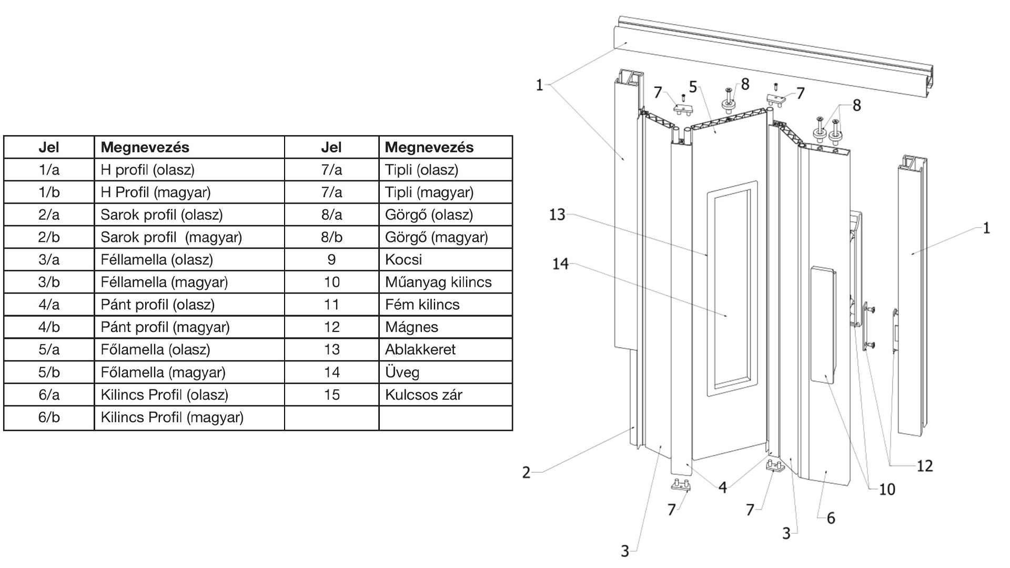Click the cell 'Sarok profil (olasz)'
(x=161, y=215)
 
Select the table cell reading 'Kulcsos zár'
(x=423, y=395)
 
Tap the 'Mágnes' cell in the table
(x=411, y=327)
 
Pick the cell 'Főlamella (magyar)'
(x=163, y=372)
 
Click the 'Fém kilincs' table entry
(x=422, y=305)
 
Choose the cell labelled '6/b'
(x=49, y=418)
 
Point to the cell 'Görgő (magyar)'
(x=436, y=237)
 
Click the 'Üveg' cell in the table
(x=402, y=372)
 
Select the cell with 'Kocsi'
(x=403, y=260)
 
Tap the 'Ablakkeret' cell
(x=420, y=350)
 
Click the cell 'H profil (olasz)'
(x=147, y=170)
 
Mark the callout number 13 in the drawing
(x=557, y=215)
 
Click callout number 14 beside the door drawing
(x=560, y=263)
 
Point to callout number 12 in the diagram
(x=924, y=465)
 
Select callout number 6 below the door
(x=831, y=518)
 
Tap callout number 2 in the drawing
(x=526, y=472)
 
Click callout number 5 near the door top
(x=693, y=87)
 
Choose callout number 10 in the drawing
(x=887, y=490)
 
